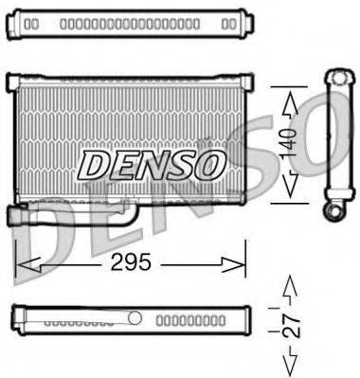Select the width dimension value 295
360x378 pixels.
[131, 262]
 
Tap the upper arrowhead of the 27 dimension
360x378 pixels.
[292, 284]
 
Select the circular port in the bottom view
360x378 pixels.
[135, 318]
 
